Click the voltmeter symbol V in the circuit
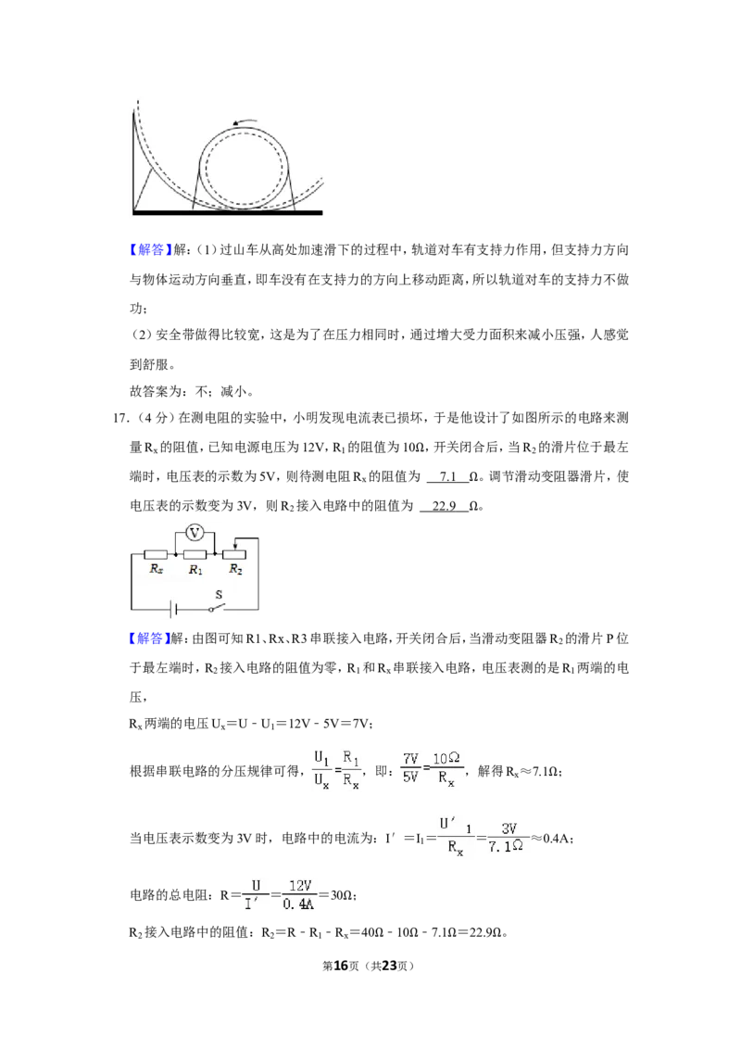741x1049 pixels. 195,533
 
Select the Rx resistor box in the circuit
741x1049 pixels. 156,554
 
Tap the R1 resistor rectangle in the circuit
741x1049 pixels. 195,554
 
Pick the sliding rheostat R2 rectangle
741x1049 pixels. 234,554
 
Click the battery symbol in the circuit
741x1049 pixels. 173,610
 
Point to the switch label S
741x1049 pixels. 218,594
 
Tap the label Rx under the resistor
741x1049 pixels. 157,569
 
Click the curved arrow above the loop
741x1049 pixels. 245,121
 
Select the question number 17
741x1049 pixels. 120,418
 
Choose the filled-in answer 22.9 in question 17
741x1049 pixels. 444,506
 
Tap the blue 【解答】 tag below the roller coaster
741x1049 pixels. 146,249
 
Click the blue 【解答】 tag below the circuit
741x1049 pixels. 146,638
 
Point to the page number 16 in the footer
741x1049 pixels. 341,966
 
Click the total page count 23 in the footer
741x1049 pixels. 389,966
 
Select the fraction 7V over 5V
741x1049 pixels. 410,768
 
